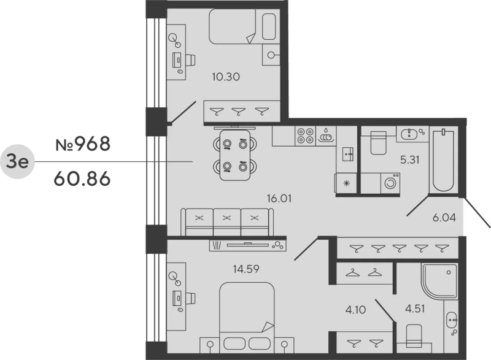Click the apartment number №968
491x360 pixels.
83,144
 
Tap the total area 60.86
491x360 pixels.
82,179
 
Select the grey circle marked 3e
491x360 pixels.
17,162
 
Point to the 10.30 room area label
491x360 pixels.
226,77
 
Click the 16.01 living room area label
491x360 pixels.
279,198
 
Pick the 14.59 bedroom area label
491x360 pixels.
246,269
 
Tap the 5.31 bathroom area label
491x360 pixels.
410,160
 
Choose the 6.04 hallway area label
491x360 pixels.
444,217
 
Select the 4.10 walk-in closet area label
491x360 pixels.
356,310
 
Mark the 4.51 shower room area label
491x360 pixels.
416,308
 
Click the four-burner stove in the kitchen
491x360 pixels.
305,136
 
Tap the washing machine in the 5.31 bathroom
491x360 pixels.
390,183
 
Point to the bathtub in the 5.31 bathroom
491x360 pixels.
443,161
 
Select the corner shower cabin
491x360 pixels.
439,281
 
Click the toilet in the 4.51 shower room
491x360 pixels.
414,335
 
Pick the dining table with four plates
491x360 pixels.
235,155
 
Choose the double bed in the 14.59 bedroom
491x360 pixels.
247,318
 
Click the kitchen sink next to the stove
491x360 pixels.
326,136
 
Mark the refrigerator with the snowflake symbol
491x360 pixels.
346,183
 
